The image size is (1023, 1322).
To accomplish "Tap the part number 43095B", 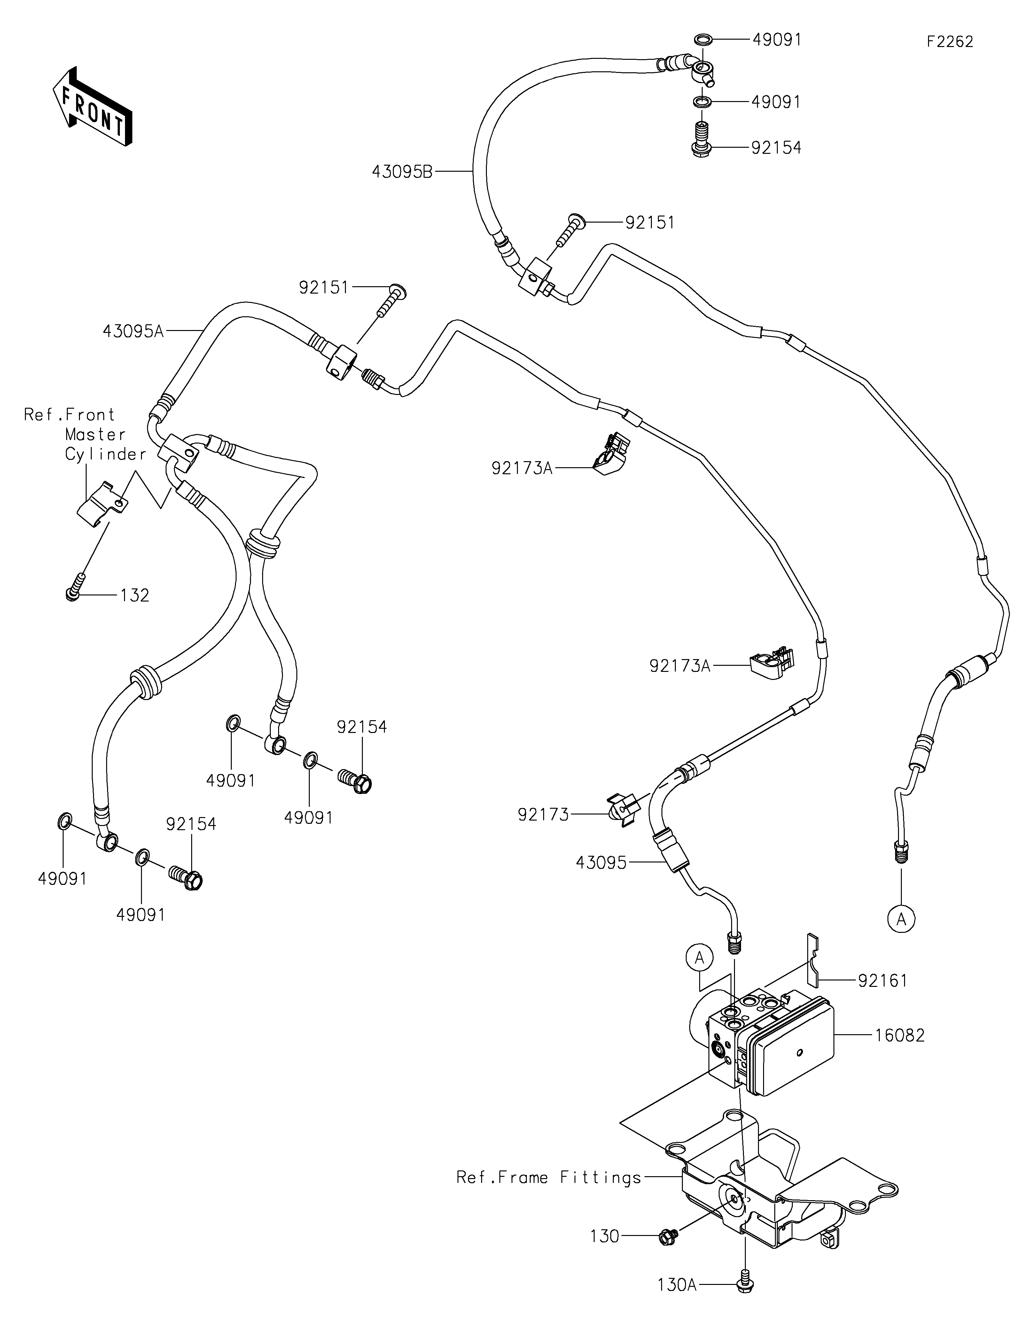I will [402, 172].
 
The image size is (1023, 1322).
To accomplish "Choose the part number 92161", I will [883, 980].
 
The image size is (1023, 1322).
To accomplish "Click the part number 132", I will [134, 596].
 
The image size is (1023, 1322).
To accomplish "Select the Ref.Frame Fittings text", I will [549, 1177].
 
